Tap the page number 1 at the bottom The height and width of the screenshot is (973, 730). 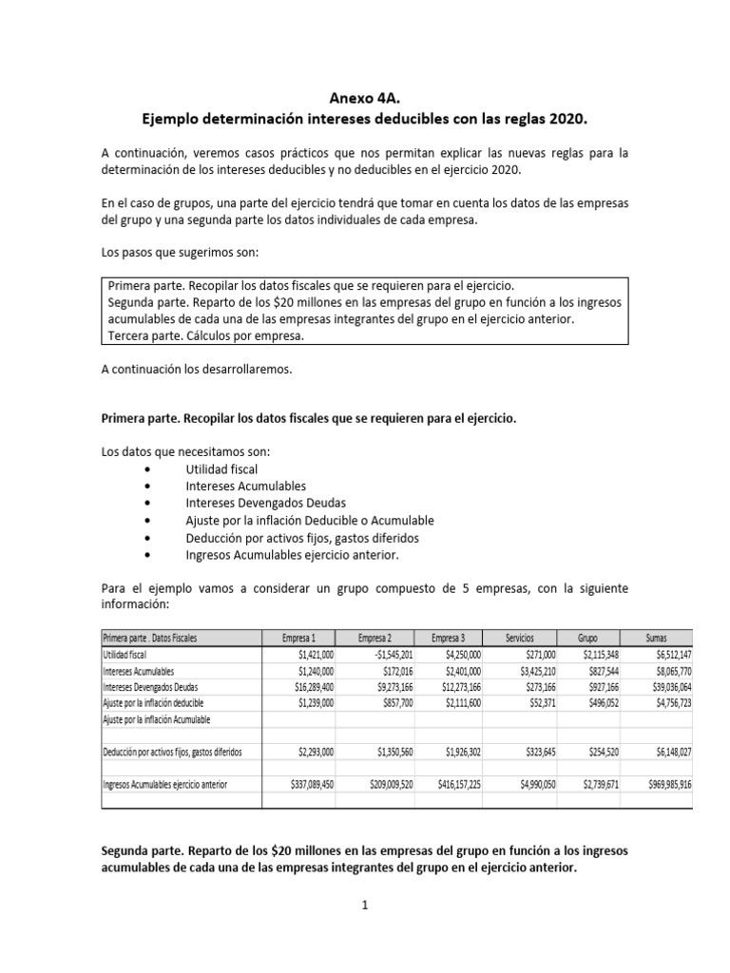tap(364, 906)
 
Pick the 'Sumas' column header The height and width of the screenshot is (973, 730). tap(657, 638)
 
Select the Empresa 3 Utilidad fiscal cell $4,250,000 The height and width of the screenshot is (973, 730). tap(456, 655)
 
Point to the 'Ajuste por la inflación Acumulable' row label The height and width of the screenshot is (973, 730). tap(155, 720)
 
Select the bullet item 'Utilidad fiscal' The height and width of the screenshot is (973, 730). tap(221, 468)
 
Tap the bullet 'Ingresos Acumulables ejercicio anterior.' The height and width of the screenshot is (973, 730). tap(293, 555)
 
